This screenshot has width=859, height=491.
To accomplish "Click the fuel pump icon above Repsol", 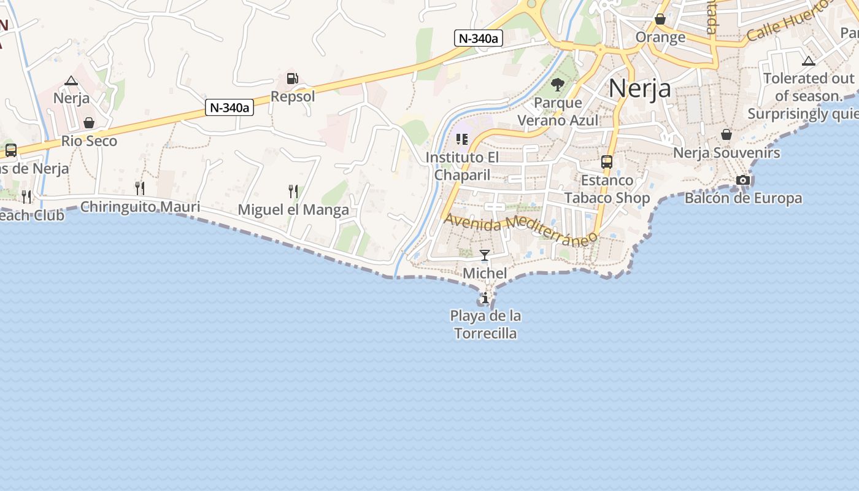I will [293, 79].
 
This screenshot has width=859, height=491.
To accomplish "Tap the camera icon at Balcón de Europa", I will [743, 180].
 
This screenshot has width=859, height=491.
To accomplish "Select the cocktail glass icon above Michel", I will [485, 255].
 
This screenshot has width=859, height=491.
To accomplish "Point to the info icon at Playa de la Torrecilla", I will [485, 298].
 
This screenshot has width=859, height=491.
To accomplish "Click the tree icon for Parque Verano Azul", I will [558, 85].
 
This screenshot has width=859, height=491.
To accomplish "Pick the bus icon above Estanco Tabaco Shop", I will [607, 162].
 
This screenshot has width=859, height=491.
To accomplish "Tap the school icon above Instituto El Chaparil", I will [462, 139].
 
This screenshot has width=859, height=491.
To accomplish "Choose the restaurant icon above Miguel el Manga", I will [293, 191].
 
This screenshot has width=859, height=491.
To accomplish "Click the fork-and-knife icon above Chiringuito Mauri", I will [141, 188].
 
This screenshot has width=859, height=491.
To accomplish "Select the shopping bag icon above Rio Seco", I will [89, 123].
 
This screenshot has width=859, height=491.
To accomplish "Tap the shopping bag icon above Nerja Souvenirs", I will [726, 134].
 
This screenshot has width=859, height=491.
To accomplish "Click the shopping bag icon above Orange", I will [660, 19].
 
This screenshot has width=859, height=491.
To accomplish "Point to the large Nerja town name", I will [640, 89].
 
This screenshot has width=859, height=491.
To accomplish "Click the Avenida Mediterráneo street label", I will [521, 229].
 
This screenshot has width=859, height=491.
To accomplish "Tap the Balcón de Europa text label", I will [743, 198].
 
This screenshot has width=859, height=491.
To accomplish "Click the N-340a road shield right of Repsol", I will [479, 38].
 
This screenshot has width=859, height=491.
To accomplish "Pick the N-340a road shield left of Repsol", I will [229, 108].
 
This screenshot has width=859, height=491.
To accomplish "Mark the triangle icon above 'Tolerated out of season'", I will [809, 61].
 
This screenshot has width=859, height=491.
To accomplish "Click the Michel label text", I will [485, 273].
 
